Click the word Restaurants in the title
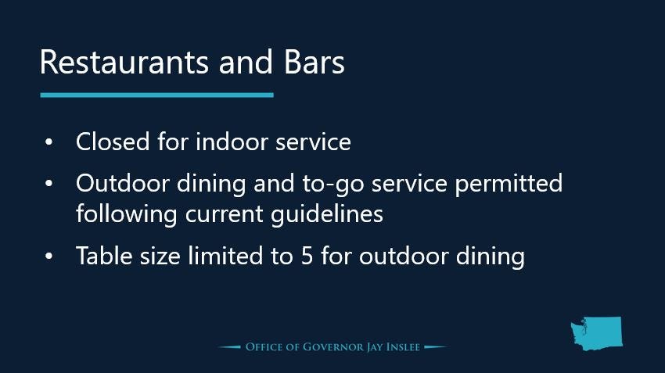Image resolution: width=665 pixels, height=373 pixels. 124,63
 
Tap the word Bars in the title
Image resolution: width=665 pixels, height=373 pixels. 314,63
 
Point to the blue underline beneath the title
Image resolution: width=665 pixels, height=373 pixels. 157,95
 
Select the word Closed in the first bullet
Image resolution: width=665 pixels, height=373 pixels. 113,142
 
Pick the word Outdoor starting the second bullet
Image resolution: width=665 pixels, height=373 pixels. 123,183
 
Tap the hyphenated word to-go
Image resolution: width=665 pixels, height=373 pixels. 333,185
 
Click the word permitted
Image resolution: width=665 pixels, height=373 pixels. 509,185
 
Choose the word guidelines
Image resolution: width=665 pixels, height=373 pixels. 327,214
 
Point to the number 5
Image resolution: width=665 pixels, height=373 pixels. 307,256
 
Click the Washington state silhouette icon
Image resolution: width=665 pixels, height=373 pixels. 597,334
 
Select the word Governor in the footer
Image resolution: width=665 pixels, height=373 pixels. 333,347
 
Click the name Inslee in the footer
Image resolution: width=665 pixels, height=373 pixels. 403,347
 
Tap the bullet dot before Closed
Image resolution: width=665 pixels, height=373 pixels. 49,142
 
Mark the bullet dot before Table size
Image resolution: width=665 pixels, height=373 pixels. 49,256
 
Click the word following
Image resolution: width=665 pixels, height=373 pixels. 127,214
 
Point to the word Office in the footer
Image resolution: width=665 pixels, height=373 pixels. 264,347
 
